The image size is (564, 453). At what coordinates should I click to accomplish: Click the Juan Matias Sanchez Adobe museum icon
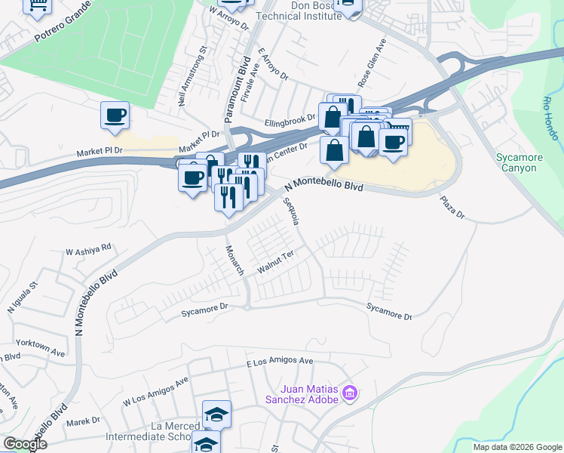(x=348, y=393)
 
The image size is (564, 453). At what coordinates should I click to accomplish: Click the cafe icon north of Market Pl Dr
(x=115, y=116)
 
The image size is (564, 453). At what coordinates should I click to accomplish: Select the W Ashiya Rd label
(x=88, y=248)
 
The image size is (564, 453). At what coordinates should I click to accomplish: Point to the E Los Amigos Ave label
(x=280, y=362)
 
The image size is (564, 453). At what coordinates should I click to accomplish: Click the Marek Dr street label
(x=83, y=422)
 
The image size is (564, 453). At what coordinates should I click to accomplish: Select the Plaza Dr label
(x=452, y=209)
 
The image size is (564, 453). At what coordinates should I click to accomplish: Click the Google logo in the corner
(x=24, y=444)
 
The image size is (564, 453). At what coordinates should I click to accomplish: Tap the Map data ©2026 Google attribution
(x=516, y=447)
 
